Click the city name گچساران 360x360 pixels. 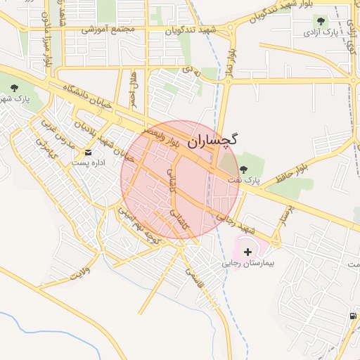213,139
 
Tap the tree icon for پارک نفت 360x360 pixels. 244,169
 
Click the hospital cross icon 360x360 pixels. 247,252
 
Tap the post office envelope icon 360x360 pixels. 88,152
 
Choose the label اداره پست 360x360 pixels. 87,163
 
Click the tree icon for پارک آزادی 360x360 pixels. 321,21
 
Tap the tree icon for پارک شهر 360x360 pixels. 15,87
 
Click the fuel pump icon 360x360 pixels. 352,315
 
